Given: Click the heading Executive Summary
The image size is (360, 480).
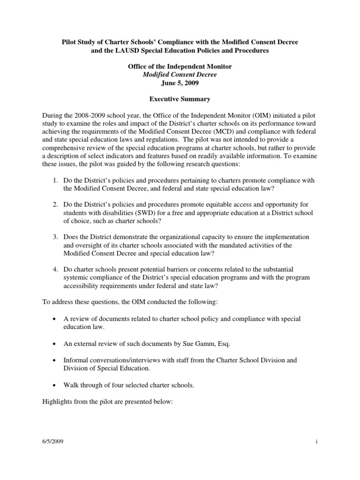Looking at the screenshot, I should pos(180,100).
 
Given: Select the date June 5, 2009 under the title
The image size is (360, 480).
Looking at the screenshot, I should pos(180,84).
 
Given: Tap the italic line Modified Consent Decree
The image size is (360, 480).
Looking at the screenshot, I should pos(180,75).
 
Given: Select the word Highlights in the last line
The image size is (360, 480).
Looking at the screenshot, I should pos(58,402).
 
